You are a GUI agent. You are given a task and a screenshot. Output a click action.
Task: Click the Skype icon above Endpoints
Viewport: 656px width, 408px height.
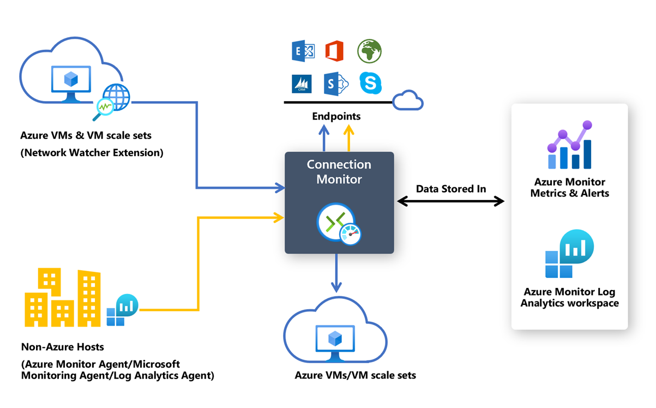370,83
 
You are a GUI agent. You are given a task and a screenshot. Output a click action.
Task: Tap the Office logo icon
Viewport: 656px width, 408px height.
334,51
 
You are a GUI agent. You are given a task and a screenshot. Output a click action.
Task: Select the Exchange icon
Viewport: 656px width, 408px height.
303,52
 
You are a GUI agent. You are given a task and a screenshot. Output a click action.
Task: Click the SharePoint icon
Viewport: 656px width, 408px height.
335,84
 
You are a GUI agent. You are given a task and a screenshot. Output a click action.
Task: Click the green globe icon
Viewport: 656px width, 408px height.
369,51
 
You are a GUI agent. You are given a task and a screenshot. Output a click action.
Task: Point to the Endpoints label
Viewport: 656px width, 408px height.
336,116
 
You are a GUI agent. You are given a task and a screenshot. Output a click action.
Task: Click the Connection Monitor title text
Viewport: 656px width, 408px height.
339,172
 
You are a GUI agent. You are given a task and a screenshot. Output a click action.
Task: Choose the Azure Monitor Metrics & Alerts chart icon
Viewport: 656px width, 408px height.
569,145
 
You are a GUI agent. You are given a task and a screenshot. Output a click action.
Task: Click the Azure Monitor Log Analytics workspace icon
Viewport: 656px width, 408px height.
569,255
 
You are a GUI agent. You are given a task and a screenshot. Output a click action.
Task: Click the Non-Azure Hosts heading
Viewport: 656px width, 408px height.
62,347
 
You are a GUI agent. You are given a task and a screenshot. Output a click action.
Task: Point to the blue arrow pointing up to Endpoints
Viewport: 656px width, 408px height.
324,138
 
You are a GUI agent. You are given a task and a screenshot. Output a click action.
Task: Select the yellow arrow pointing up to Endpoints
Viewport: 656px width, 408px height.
348,138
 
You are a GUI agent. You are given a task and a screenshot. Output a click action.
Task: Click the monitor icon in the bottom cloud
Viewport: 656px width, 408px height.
335,342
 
